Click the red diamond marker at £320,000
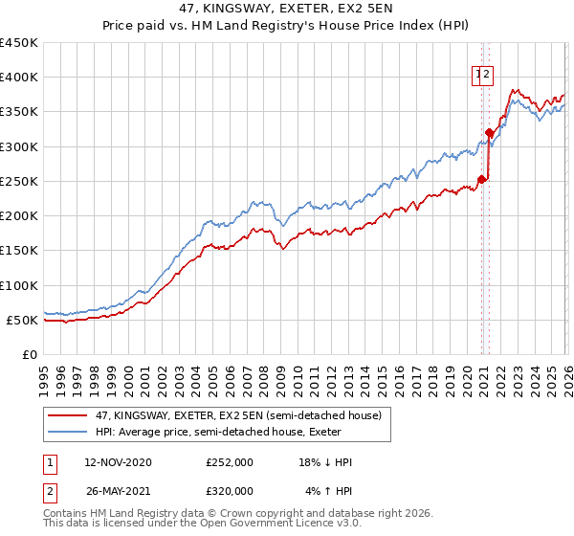point(490,133)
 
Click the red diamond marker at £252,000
point(482,179)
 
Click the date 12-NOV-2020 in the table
point(118,462)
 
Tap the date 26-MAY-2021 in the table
point(118,490)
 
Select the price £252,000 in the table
point(230,462)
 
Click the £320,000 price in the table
point(230,490)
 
